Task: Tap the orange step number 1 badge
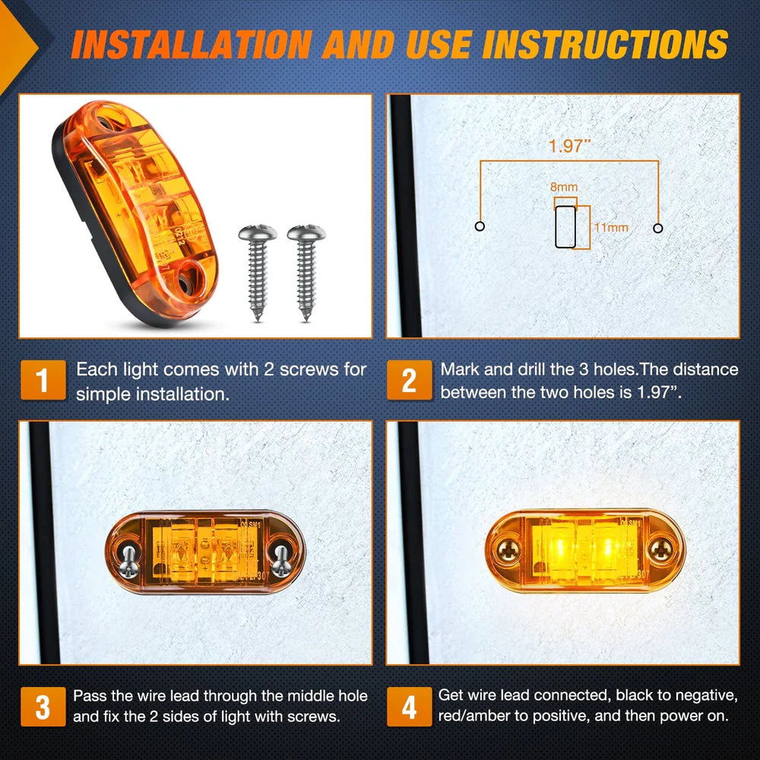point(43,380)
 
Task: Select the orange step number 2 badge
point(409,380)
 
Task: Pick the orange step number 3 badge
point(43,707)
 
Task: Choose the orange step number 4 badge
point(409,707)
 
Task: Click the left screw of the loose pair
point(257,270)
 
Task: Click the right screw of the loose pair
point(306,270)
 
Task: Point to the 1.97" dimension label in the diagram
point(570,146)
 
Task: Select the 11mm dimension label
point(610,227)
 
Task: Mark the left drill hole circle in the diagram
point(480,226)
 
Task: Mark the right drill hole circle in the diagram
point(658,227)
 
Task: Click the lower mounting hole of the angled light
point(186,281)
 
